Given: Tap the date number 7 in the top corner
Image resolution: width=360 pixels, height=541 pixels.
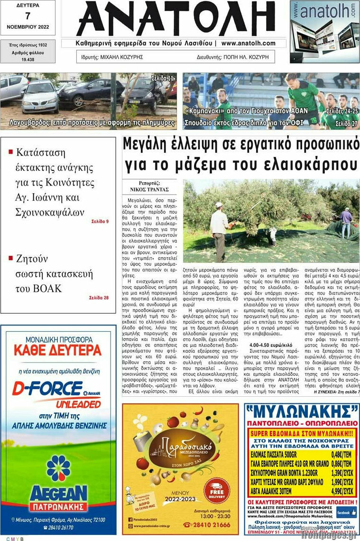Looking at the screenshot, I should pyautogui.click(x=28, y=16).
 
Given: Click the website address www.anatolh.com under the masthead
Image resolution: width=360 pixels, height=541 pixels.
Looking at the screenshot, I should pyautogui.click(x=248, y=43).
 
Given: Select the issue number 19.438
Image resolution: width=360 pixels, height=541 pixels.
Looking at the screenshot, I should pyautogui.click(x=28, y=60).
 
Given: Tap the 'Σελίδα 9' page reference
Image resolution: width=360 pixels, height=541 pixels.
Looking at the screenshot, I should pyautogui.click(x=100, y=221).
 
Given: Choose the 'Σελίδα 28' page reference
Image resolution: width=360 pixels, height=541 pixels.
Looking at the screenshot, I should pyautogui.click(x=99, y=298).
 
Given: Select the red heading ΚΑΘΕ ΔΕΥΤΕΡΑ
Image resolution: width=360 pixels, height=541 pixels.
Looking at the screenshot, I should pyautogui.click(x=58, y=351).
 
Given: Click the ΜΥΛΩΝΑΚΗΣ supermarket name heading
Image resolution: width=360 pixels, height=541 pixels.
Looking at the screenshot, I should pyautogui.click(x=302, y=410).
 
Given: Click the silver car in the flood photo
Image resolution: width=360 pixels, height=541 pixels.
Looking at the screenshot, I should pyautogui.click(x=40, y=97).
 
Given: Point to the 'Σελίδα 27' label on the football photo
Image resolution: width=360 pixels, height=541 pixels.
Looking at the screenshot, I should pyautogui.click(x=346, y=123).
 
